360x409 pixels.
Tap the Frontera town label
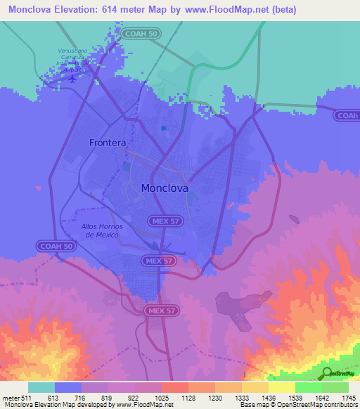coord(108,143)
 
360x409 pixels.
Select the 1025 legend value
coord(162,397)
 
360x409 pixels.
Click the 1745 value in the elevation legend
coord(349,397)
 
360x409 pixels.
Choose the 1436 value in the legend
coord(269,397)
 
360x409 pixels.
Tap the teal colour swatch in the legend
coord(41,387)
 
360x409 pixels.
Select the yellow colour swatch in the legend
coord(282,387)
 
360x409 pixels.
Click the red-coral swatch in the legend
coord(175,387)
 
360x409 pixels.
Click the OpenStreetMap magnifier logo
coord(327,373)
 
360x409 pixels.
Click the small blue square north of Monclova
coord(163,128)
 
